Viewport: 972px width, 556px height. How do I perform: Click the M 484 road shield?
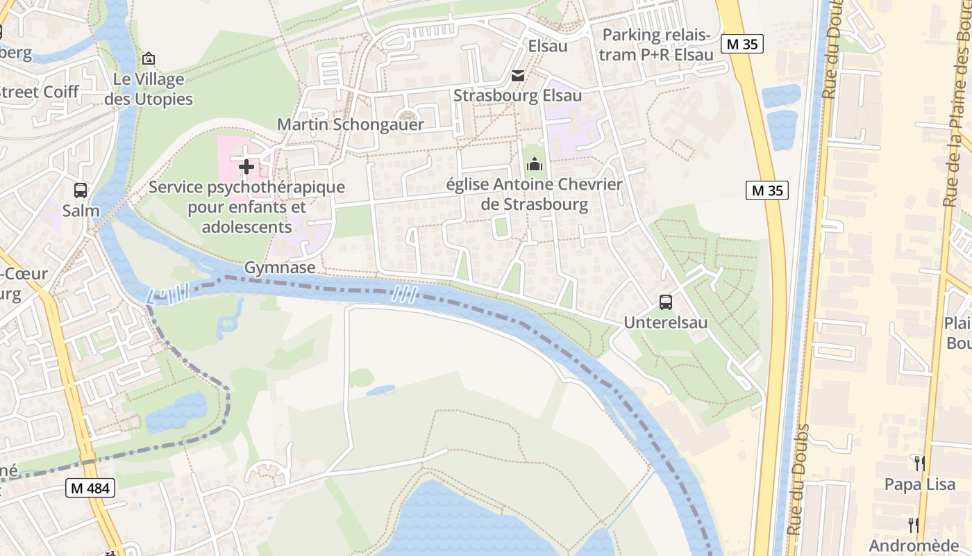90,489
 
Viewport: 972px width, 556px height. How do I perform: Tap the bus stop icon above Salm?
81,190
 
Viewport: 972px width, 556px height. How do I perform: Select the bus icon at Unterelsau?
665,302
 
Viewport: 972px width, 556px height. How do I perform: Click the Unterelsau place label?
665,322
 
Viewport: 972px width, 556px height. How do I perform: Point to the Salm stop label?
81,211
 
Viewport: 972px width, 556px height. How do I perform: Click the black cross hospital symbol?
246,167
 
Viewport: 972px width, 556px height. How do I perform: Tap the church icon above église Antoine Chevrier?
535,165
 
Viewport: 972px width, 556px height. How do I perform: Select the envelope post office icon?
518,76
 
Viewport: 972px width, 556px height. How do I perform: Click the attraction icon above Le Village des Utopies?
148,59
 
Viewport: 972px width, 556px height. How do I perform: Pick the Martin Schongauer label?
351,124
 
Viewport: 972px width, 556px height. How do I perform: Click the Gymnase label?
280,268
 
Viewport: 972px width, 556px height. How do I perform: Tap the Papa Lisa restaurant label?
919,484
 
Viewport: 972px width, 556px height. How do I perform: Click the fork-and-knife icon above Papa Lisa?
919,464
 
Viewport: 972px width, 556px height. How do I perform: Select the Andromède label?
913,545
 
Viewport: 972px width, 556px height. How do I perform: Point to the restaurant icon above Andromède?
913,525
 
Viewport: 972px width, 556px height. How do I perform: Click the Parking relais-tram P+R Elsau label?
656,44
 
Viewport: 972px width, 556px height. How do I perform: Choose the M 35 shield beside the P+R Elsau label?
742,44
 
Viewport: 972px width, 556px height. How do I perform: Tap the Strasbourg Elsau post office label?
517,95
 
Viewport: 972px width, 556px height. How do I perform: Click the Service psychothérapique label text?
246,207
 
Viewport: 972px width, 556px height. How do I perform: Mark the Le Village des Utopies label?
148,89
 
